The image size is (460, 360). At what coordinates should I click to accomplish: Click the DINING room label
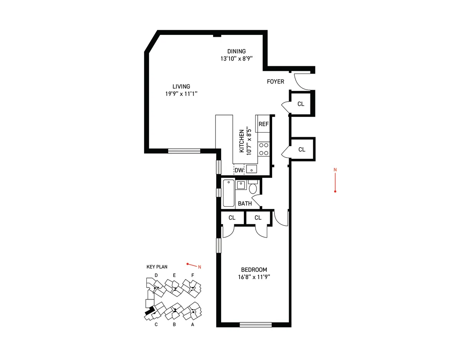[x=236, y=51]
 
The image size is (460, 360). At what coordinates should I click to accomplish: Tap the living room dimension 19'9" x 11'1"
[x=181, y=94]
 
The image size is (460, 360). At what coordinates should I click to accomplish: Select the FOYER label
[x=276, y=82]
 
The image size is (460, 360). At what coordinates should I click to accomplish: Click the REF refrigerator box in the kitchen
[x=263, y=124]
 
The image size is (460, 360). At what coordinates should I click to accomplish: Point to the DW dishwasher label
[x=239, y=170]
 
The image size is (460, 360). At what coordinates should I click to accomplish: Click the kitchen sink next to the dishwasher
[x=251, y=169]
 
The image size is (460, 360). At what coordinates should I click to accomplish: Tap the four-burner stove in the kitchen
[x=263, y=149]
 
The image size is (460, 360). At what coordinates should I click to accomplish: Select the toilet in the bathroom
[x=253, y=187]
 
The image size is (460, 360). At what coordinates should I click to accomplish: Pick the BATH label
[x=245, y=204]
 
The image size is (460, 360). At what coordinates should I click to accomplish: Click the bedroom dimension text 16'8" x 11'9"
[x=254, y=277]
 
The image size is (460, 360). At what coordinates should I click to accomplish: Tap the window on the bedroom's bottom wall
[x=256, y=325]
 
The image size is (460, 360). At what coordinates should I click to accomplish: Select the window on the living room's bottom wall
[x=184, y=151]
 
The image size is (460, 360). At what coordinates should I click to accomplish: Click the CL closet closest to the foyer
[x=301, y=104]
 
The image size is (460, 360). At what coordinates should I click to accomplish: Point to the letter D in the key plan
[x=156, y=275]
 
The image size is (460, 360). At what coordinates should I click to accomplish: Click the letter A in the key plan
[x=192, y=325]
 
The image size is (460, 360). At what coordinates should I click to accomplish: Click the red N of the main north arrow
[x=335, y=169]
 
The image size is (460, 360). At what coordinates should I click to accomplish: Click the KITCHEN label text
[x=242, y=141]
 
